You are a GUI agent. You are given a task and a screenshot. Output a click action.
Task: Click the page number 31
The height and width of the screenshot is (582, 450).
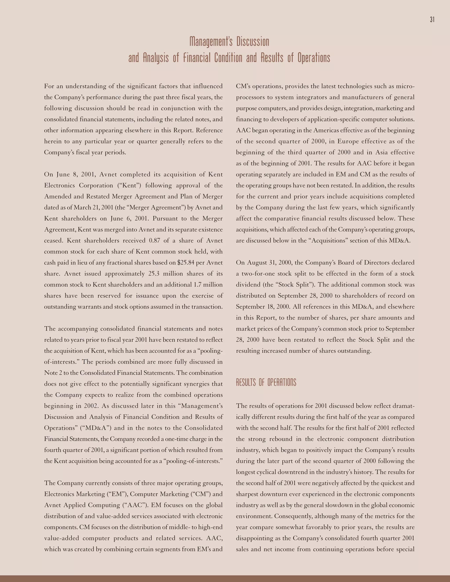(432, 20)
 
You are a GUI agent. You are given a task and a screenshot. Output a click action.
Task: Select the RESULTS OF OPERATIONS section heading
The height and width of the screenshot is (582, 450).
(266, 383)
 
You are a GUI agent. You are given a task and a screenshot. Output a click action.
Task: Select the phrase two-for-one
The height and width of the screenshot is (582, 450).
(258, 274)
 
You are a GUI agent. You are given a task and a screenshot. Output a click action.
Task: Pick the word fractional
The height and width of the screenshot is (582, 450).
(120, 262)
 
